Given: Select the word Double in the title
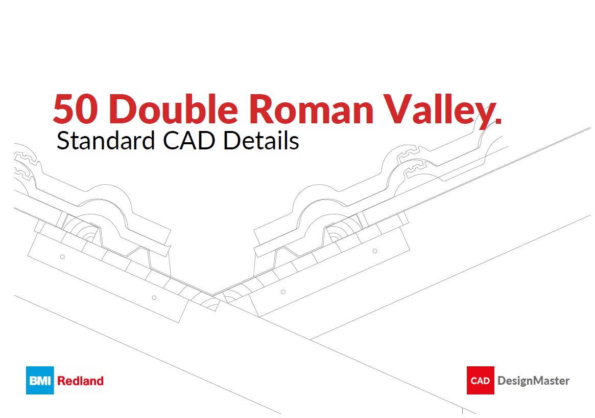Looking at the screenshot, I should [x=173, y=109].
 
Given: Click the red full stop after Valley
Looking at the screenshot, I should [x=498, y=121].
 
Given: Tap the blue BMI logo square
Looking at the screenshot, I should [x=40, y=380].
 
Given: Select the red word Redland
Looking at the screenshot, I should [x=80, y=381].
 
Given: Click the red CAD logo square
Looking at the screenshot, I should [x=480, y=381].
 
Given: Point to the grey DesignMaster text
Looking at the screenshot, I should [x=533, y=381].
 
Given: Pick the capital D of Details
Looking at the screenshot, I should [x=231, y=141].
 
